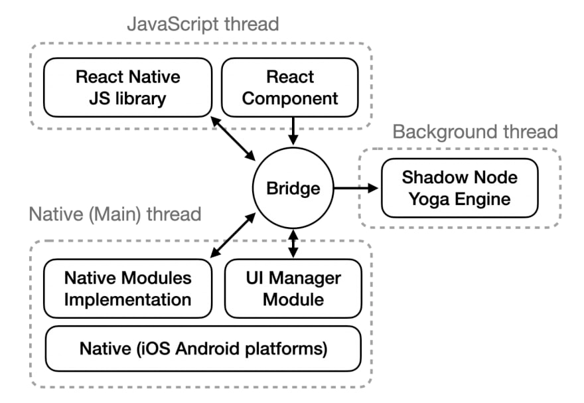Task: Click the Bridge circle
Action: pos(293,189)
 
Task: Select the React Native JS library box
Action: pos(127,87)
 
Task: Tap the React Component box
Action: pos(290,87)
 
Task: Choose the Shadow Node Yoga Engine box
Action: pos(459,188)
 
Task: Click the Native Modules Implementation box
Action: pos(127,288)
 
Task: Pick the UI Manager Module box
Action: pos(293,288)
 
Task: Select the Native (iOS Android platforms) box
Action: pos(202,348)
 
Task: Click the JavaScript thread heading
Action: pos(202,25)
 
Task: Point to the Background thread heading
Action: pos(475,131)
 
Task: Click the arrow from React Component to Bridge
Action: pos(293,130)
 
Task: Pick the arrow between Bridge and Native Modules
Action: pos(232,235)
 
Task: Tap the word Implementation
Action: pos(127,299)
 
